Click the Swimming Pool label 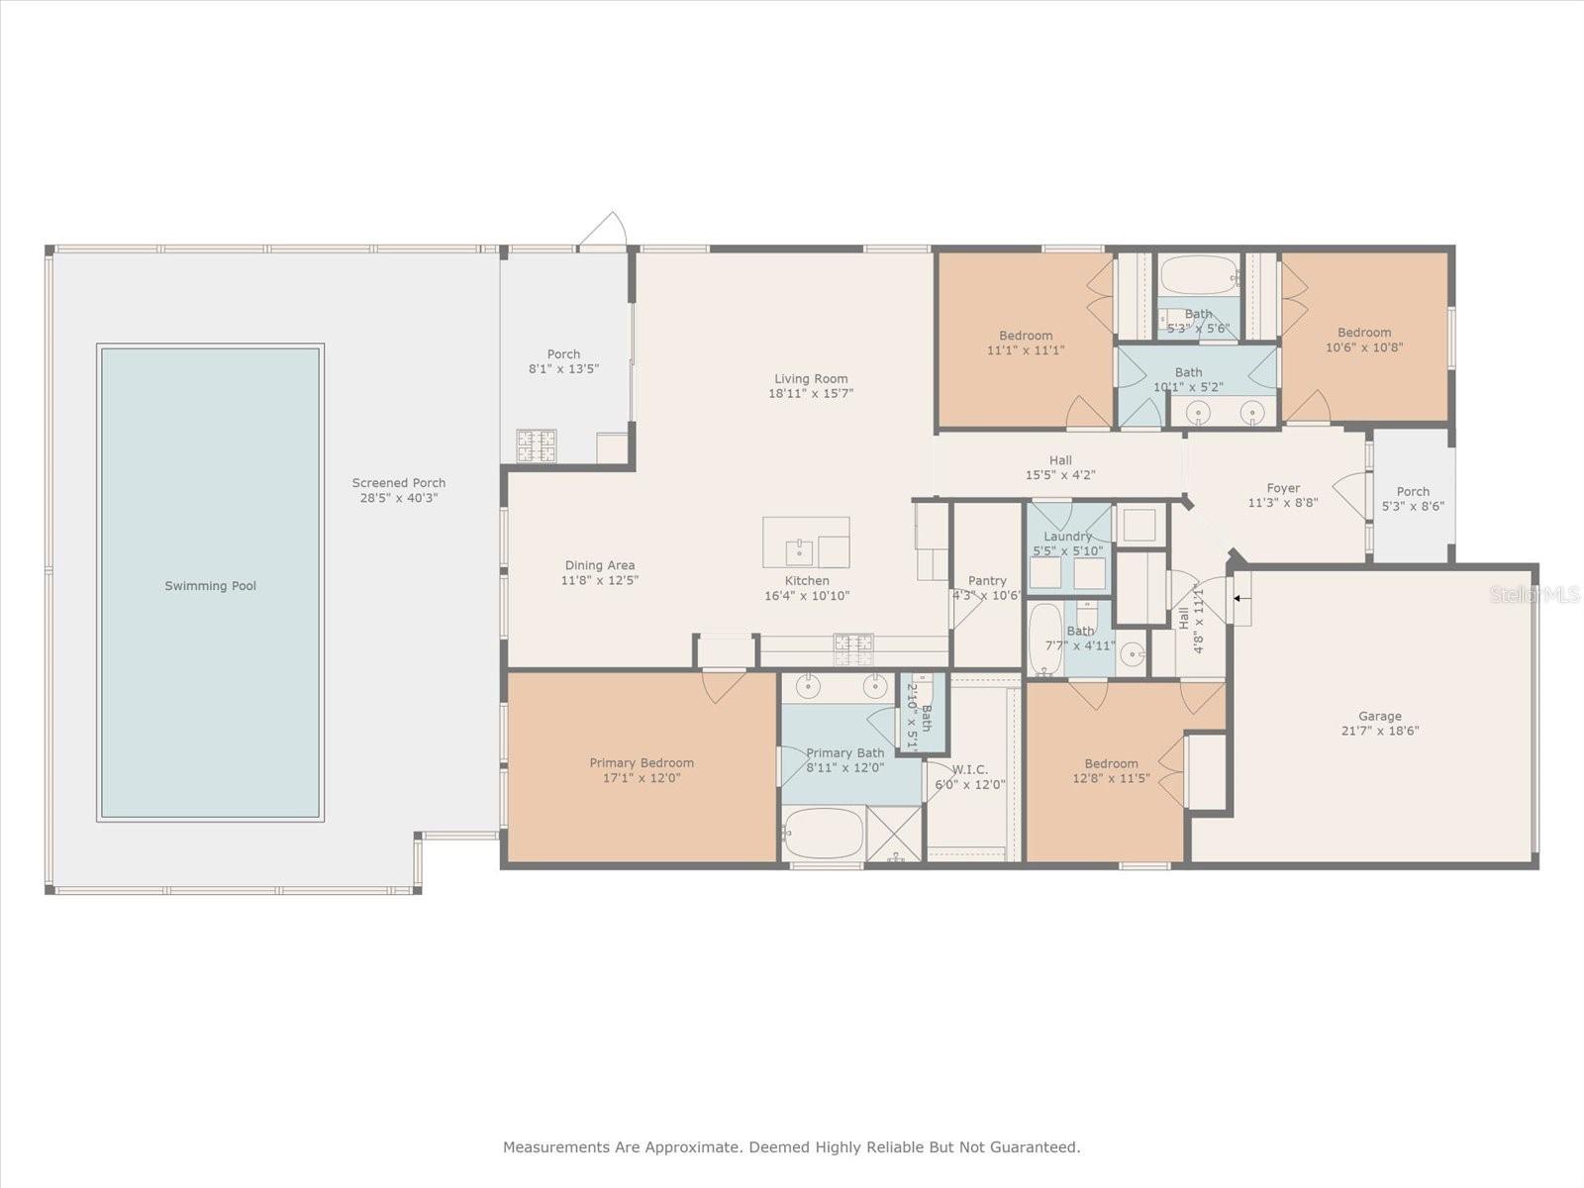tap(210, 586)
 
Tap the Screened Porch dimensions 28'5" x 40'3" tap(399, 498)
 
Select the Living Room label tap(811, 379)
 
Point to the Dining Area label tap(600, 565)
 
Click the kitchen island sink tap(799, 552)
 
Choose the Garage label tap(1380, 716)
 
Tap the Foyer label tap(1283, 488)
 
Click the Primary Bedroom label tap(642, 763)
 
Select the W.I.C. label tap(970, 769)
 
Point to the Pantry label tap(987, 581)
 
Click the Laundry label tap(1067, 537)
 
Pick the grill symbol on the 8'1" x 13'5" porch tap(537, 445)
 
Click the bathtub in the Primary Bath tap(823, 834)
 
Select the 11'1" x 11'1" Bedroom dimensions tap(1026, 350)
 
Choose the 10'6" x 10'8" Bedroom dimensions tap(1364, 346)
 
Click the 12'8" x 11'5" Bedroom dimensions tap(1112, 778)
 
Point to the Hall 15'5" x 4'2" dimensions tap(1060, 475)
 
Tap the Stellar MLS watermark tap(1534, 594)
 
